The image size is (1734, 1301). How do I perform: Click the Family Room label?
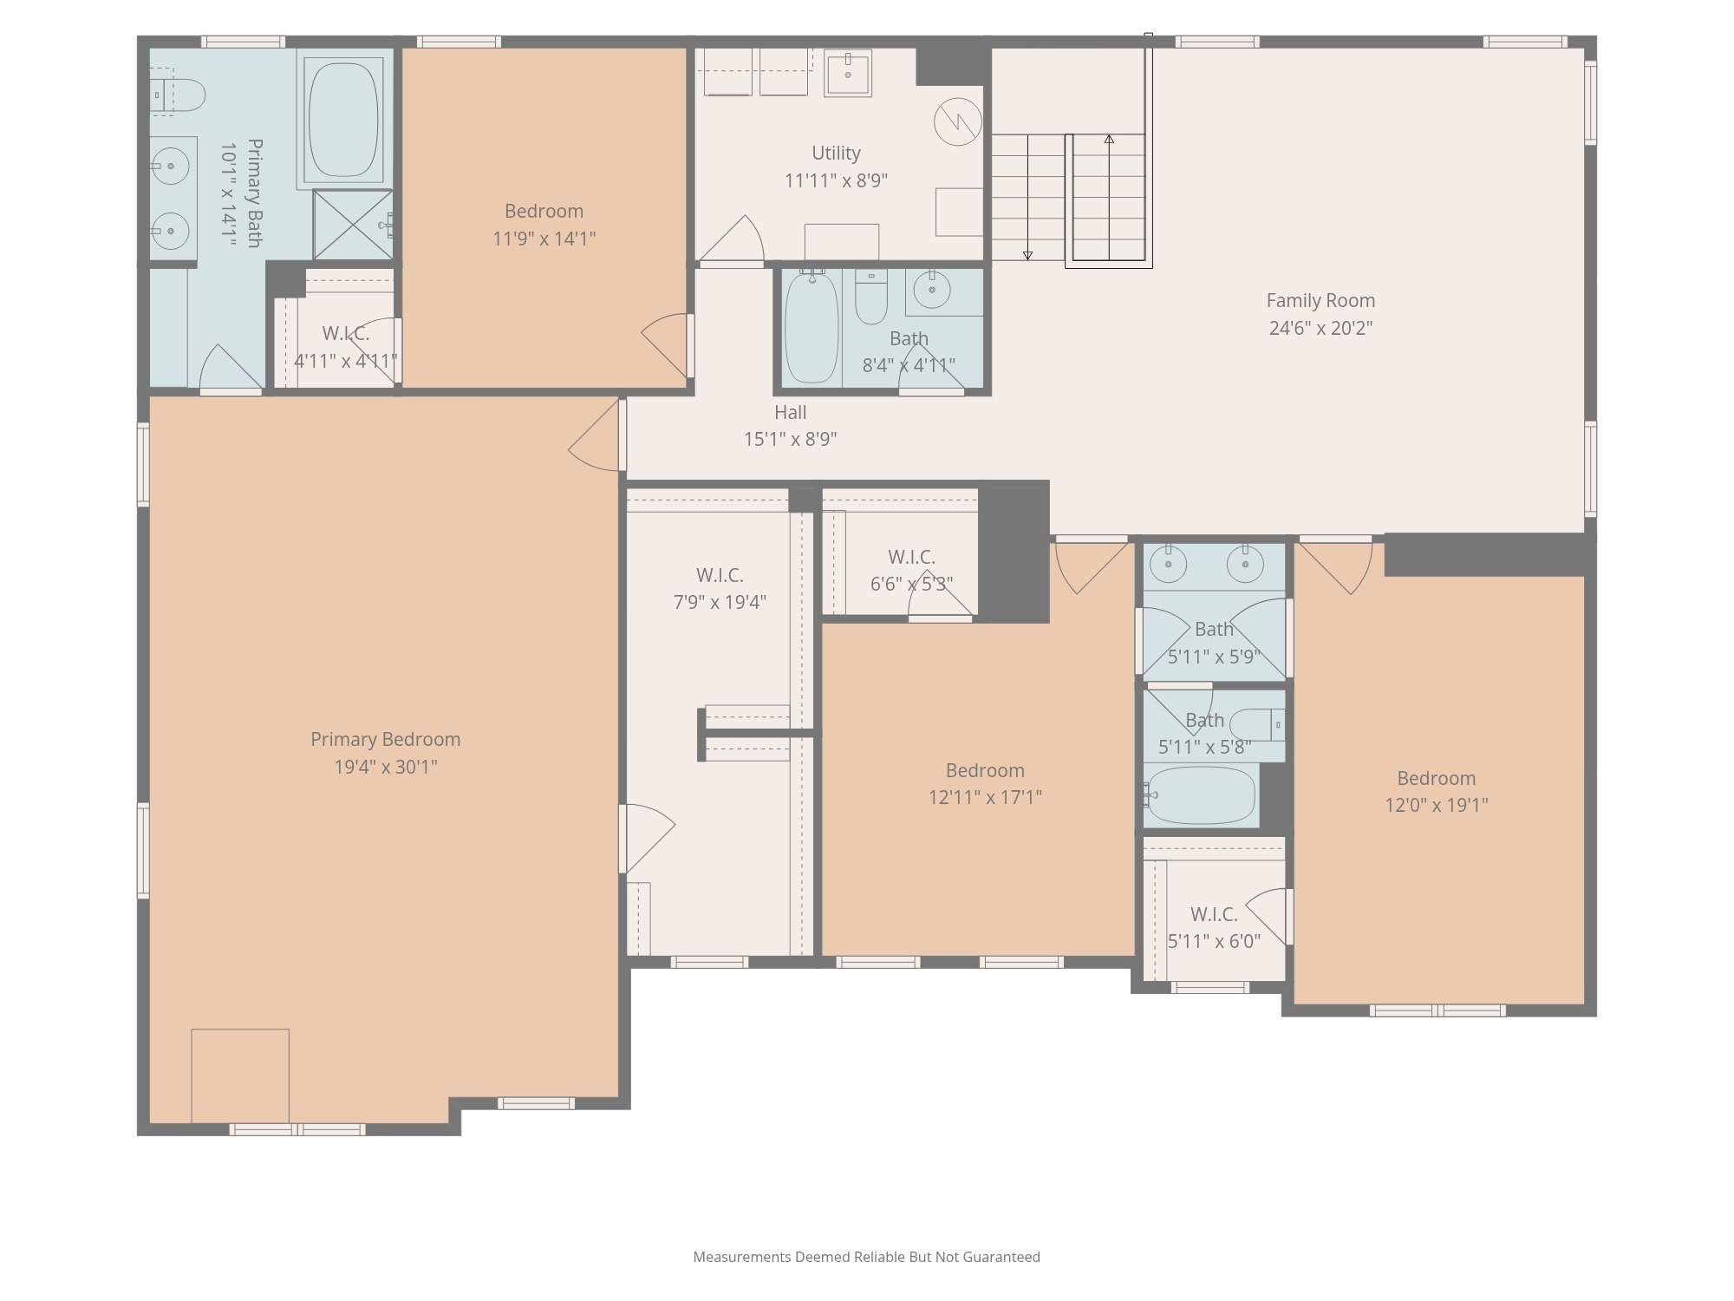coord(1320,301)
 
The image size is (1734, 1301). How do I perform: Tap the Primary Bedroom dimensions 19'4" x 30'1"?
coord(386,767)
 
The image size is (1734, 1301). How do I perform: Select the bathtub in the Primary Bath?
coord(344,119)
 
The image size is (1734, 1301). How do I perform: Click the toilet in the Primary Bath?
coord(182,95)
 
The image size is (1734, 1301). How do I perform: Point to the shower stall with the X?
coord(352,225)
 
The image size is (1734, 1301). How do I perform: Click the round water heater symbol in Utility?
coord(957,121)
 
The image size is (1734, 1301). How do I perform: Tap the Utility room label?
coord(836,154)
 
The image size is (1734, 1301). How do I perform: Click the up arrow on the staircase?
coord(1109,139)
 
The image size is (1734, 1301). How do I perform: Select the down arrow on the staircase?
coord(1027,255)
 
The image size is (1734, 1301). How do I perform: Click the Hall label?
coord(790,413)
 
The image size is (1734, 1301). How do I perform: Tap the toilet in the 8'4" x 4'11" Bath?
coord(870,297)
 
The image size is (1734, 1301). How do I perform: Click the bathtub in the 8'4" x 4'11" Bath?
coord(812,328)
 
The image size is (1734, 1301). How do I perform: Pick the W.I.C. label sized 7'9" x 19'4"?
coord(720,576)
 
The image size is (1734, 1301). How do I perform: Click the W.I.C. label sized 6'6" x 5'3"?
coord(911,558)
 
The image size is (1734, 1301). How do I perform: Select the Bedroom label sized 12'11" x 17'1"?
coord(985,771)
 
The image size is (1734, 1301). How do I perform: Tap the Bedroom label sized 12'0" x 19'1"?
coord(1436,779)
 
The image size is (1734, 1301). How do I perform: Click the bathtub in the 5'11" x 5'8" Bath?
coord(1201,795)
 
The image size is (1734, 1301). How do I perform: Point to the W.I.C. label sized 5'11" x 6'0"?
coord(1214,915)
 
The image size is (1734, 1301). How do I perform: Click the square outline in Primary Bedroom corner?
coord(240,1075)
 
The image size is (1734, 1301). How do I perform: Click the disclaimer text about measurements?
coord(866,1257)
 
